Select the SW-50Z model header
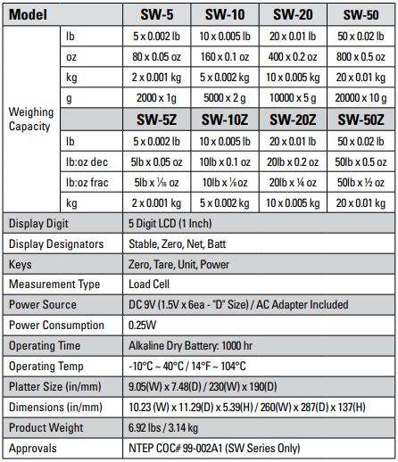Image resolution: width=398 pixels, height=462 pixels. click(x=362, y=119)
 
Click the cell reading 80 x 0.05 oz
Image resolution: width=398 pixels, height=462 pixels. click(x=158, y=56)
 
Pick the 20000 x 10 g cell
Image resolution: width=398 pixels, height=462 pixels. click(x=362, y=97)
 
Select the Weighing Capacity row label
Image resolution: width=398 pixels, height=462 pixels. click(x=31, y=119)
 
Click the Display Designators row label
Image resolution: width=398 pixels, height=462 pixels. click(x=56, y=243)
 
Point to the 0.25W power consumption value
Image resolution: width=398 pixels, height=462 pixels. click(x=145, y=326)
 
